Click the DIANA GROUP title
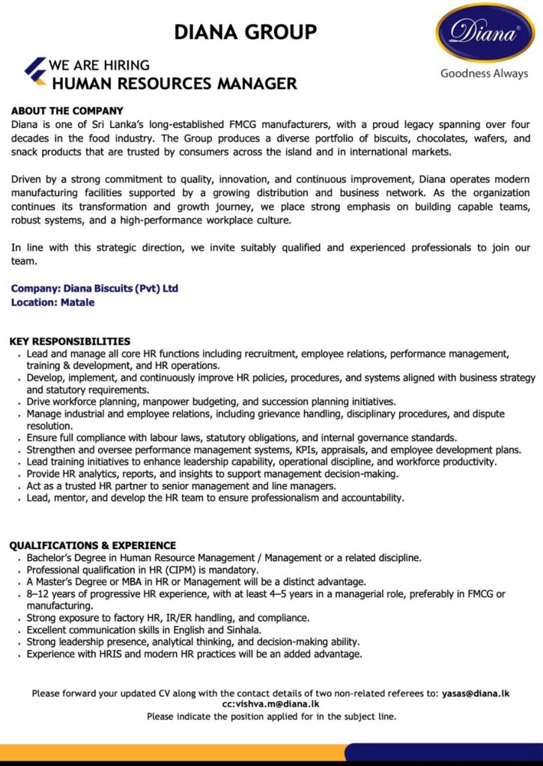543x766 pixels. point(245,32)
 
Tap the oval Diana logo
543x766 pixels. point(485,33)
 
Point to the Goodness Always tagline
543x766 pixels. point(484,73)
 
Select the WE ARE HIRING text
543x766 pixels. point(99,65)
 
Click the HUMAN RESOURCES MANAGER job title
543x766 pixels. point(175,84)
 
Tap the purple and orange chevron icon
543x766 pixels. point(35,70)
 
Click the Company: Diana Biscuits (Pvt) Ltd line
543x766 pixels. point(94,289)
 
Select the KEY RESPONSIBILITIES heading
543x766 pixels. point(70,341)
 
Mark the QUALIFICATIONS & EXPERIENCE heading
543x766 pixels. point(93,545)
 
